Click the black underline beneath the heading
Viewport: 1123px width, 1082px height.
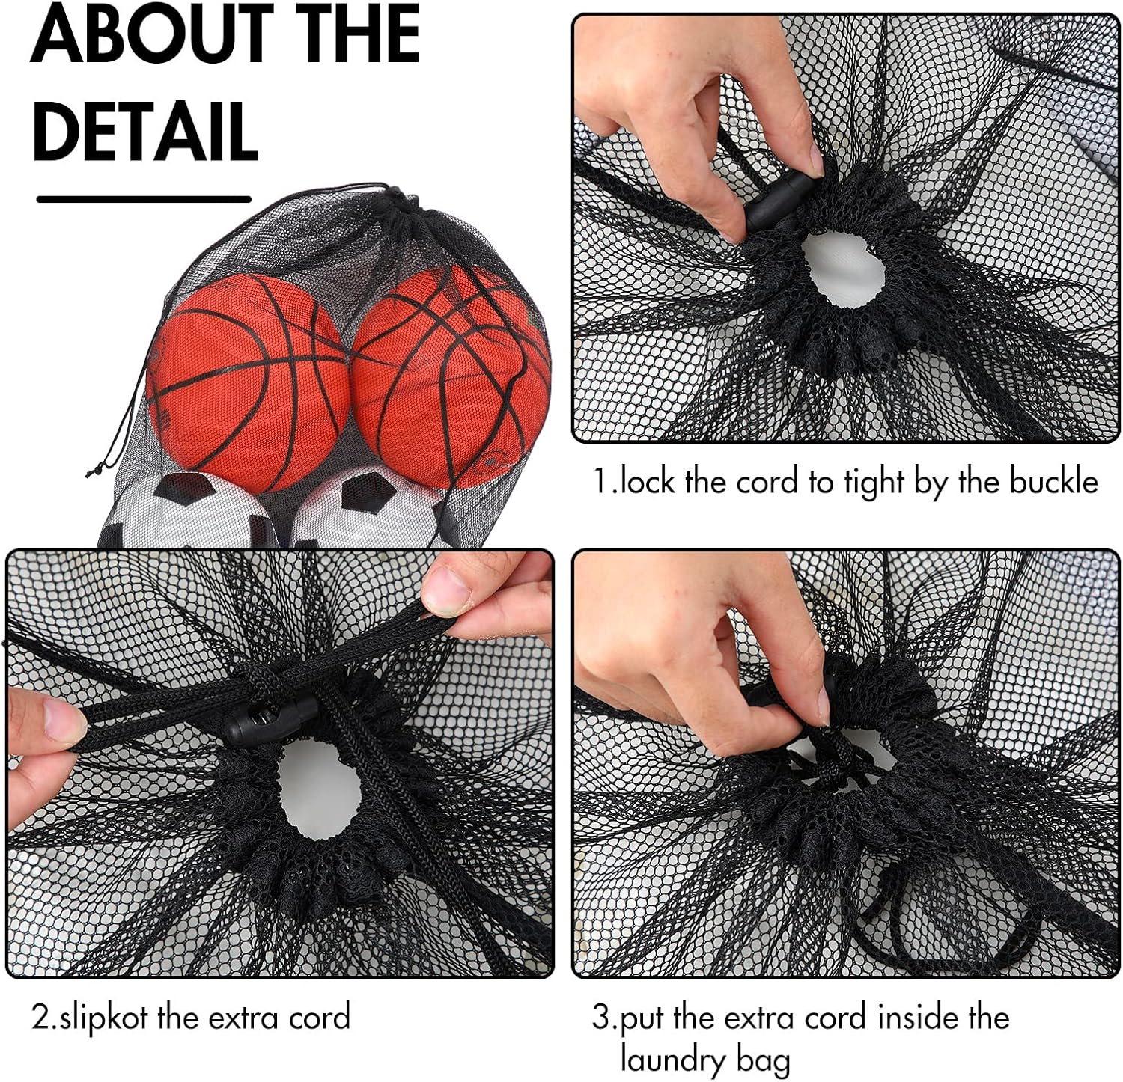pos(144,199)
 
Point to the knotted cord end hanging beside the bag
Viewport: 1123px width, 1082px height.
pos(95,470)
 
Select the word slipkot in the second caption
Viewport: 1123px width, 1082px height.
pos(104,1018)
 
